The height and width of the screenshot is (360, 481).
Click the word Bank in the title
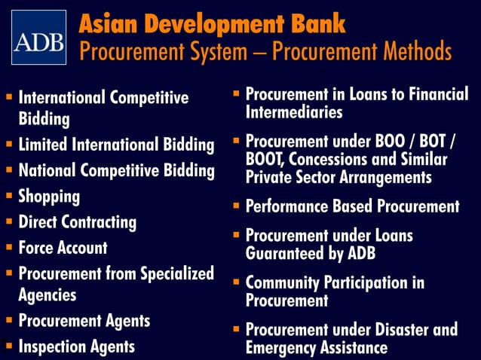click(x=315, y=23)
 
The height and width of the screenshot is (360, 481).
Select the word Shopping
click(x=49, y=197)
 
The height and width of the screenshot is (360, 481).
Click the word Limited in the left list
click(x=44, y=145)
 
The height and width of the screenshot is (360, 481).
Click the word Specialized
click(x=173, y=273)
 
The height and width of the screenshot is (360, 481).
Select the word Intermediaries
click(x=294, y=113)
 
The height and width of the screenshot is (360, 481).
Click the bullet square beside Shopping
click(x=8, y=196)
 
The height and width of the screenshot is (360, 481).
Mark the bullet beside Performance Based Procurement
click(x=236, y=206)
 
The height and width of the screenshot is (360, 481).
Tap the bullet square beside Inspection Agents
click(x=8, y=346)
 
